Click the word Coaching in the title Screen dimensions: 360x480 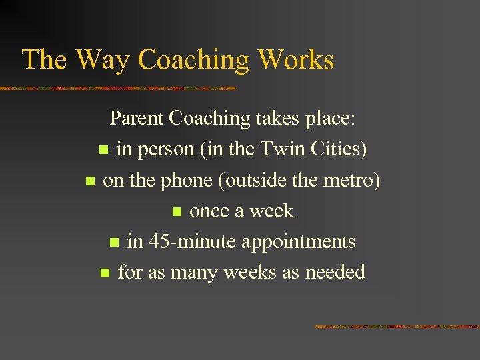[x=193, y=61]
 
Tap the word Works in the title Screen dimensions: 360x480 [x=295, y=59]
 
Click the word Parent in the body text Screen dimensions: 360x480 [x=137, y=118]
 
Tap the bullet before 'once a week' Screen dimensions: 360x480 [x=176, y=212]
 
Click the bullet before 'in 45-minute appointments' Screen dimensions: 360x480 [x=113, y=243]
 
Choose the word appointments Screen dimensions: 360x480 [x=298, y=242]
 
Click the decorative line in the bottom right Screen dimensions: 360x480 [x=396, y=327]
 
